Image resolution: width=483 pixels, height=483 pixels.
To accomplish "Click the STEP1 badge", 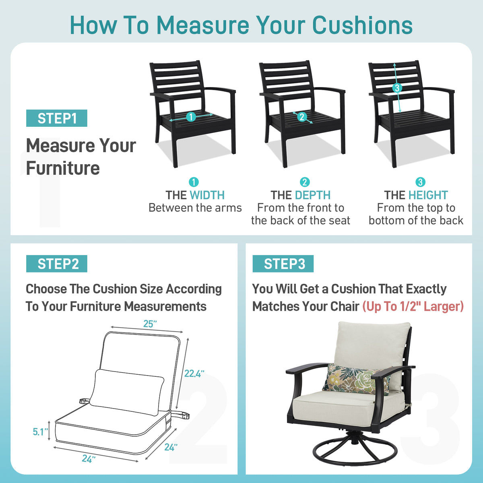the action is pyautogui.click(x=57, y=118).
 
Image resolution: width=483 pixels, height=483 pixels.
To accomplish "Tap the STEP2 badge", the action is pyautogui.click(x=57, y=264).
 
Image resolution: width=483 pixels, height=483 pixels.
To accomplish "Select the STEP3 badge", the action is pyautogui.click(x=283, y=264).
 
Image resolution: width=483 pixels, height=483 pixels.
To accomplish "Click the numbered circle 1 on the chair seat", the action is pyautogui.click(x=191, y=117).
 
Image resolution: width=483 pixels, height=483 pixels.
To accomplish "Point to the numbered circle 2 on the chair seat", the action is pyautogui.click(x=302, y=117).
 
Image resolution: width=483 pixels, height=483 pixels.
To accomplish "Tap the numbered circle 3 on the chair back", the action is pyautogui.click(x=397, y=88).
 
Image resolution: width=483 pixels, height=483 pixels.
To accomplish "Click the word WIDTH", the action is pyautogui.click(x=207, y=195).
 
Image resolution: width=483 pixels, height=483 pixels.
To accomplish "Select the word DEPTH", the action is pyautogui.click(x=313, y=195).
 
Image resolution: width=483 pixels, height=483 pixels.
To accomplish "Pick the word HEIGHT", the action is pyautogui.click(x=428, y=195).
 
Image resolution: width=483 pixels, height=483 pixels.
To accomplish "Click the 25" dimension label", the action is pyautogui.click(x=150, y=324).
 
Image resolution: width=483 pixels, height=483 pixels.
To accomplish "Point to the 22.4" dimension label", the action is pyautogui.click(x=194, y=374).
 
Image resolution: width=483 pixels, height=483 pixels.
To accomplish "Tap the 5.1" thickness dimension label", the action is pyautogui.click(x=40, y=432).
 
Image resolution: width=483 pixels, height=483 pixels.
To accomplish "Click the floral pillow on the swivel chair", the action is pyautogui.click(x=356, y=380).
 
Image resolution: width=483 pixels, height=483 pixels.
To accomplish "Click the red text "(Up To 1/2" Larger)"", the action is pyautogui.click(x=413, y=306).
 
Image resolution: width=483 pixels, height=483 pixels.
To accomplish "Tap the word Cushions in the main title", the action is pyautogui.click(x=362, y=25).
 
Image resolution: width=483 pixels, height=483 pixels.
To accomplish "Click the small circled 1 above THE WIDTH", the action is pyautogui.click(x=194, y=182).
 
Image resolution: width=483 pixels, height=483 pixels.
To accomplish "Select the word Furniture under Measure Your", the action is pyautogui.click(x=63, y=168).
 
